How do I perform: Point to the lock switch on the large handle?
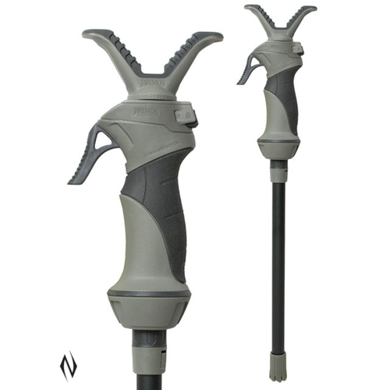[x=187, y=117]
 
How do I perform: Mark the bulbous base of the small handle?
[x=279, y=140]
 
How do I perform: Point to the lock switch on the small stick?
[x=299, y=51]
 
